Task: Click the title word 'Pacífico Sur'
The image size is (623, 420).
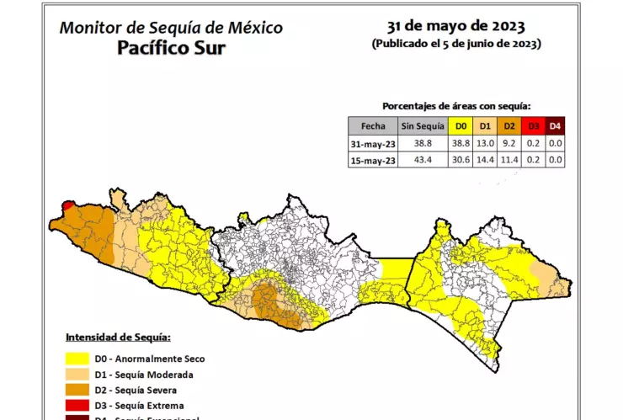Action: pos(171,47)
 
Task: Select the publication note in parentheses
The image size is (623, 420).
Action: pos(455,43)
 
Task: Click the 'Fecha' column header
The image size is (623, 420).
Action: pos(372,126)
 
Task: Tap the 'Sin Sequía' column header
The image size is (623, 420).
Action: pos(419,126)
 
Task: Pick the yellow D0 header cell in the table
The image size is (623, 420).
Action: pos(461,126)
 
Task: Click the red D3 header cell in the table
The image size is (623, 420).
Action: pos(531,126)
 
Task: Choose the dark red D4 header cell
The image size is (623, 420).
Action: pos(554,126)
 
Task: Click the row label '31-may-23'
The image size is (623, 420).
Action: pos(372,144)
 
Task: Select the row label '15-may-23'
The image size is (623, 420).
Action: pos(372,160)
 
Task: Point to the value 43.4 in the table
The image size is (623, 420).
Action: pos(419,160)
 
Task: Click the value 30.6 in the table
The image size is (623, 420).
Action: pos(461,160)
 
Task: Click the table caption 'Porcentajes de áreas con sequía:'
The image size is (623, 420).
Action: pos(462,106)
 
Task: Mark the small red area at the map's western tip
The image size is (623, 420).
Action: pos(67,205)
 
